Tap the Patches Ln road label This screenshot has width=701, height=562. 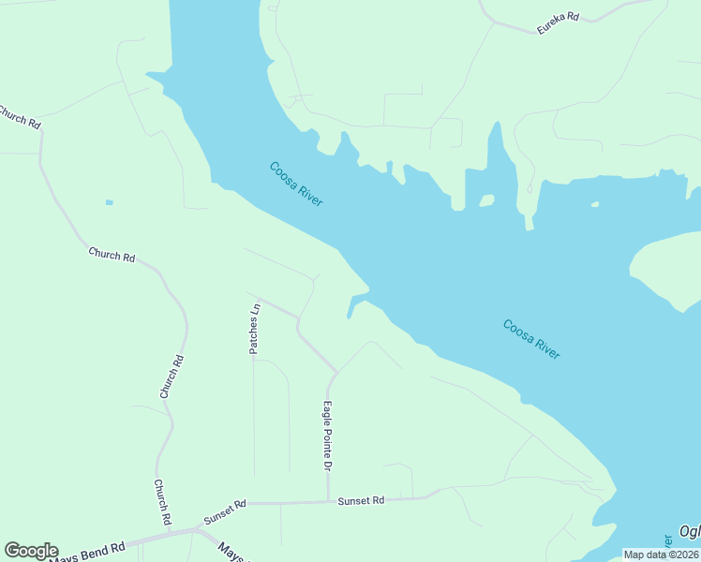[254, 329]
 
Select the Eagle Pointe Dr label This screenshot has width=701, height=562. [328, 436]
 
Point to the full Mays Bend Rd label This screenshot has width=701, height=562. [86, 552]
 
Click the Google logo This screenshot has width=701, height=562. [31, 551]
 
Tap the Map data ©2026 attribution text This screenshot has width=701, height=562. [660, 555]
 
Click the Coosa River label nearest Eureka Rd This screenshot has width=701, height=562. [296, 184]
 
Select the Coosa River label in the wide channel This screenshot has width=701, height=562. [531, 339]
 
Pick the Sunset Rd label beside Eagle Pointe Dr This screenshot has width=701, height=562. [361, 501]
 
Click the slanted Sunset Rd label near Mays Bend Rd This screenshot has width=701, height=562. [225, 511]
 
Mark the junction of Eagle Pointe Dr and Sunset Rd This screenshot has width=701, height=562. [328, 502]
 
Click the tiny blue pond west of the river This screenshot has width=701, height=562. [110, 202]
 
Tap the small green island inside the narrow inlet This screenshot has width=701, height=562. [486, 200]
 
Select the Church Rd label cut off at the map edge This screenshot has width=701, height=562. [19, 117]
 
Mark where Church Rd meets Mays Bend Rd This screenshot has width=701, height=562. [195, 529]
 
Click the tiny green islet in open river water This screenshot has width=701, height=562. [594, 204]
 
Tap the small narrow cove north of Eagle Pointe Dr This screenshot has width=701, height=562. [353, 305]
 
